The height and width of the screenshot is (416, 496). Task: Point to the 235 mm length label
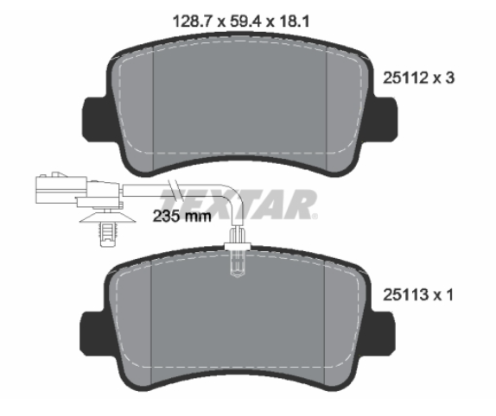pyautogui.click(x=181, y=217)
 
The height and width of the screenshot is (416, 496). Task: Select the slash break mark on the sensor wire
pyautogui.click(x=175, y=189)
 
